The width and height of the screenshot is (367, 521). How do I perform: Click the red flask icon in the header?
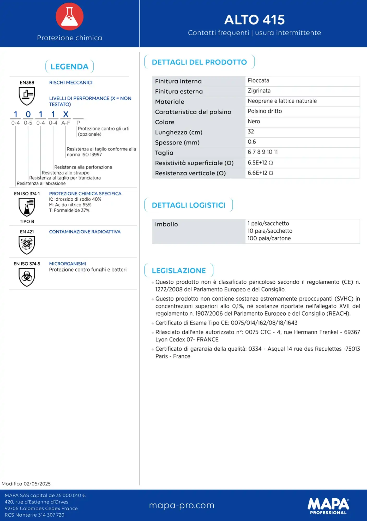pos(69,16)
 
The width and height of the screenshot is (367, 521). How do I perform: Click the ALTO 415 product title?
pos(254,20)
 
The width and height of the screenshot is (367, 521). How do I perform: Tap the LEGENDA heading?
pos(69,67)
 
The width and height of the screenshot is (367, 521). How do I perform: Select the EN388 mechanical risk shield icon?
pos(27,96)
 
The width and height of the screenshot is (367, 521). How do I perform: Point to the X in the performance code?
pos(66,114)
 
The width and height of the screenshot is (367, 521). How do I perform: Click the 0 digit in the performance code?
pos(28,114)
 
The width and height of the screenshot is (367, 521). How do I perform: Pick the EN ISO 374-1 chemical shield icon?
pos(27,207)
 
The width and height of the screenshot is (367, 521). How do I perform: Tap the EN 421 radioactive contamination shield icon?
pos(27,245)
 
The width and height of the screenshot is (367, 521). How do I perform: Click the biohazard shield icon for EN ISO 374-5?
pos(27,277)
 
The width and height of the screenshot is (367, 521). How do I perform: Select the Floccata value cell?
pos(258,81)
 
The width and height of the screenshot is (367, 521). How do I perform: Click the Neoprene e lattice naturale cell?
pos(282,101)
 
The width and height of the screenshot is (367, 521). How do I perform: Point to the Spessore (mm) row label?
pos(177,143)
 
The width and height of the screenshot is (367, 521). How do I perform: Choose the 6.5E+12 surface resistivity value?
pos(260,163)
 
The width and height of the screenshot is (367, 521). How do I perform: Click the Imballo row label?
pos(166,224)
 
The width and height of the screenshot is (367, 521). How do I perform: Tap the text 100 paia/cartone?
pos(269,238)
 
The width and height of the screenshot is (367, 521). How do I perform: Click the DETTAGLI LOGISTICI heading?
pos(188,205)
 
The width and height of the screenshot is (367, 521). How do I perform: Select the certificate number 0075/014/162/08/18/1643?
pos(264,323)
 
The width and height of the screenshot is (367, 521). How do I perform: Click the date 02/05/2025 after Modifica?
pos(37,484)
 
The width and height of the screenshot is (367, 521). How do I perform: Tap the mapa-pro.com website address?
pos(182,505)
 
